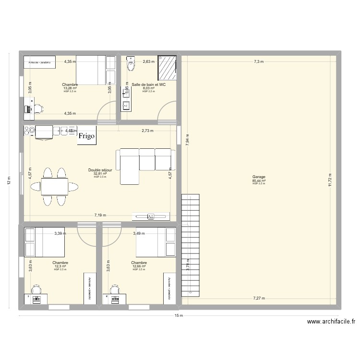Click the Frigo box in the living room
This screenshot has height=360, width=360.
click(87, 135)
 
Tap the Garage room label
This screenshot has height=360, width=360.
click(259, 177)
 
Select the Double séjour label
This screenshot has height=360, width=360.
click(100, 170)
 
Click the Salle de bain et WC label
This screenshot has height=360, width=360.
click(148, 84)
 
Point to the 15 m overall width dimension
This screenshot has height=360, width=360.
click(178, 316)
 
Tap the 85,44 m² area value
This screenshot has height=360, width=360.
click(259, 180)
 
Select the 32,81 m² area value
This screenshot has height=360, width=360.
click(100, 174)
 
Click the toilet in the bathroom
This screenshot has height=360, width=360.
click(130, 64)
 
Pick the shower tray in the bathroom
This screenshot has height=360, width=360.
click(167, 68)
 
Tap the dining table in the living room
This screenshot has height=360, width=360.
click(54, 186)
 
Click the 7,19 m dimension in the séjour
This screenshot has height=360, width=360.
click(100, 216)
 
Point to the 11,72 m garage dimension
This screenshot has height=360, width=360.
click(330, 179)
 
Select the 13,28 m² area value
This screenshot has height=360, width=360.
click(70, 88)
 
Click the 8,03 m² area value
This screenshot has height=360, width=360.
click(149, 88)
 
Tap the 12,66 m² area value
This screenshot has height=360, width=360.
click(139, 266)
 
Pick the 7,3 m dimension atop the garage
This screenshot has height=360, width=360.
click(259, 61)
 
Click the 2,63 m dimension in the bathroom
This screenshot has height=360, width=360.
click(149, 61)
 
